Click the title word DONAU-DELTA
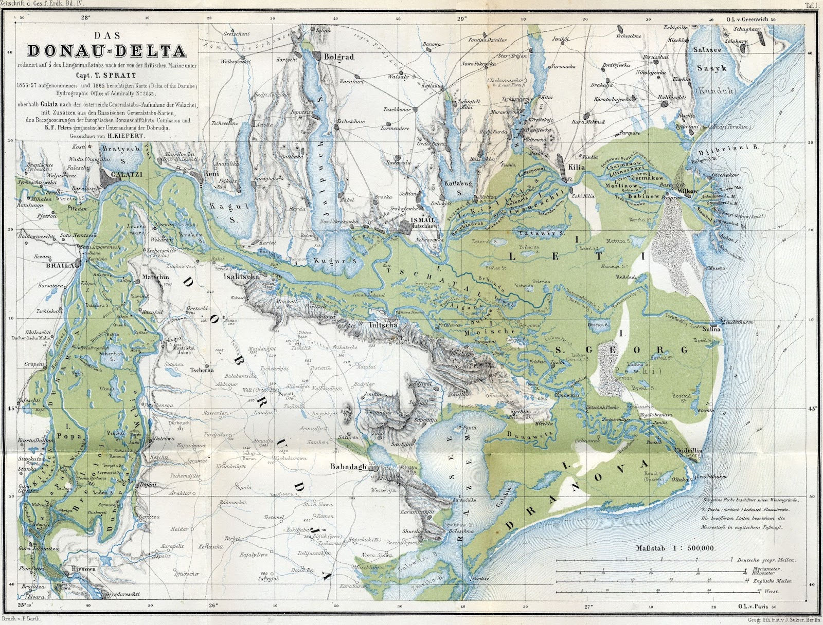pos(107,51)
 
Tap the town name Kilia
pos(577,167)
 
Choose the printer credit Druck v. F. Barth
pos(29,620)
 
